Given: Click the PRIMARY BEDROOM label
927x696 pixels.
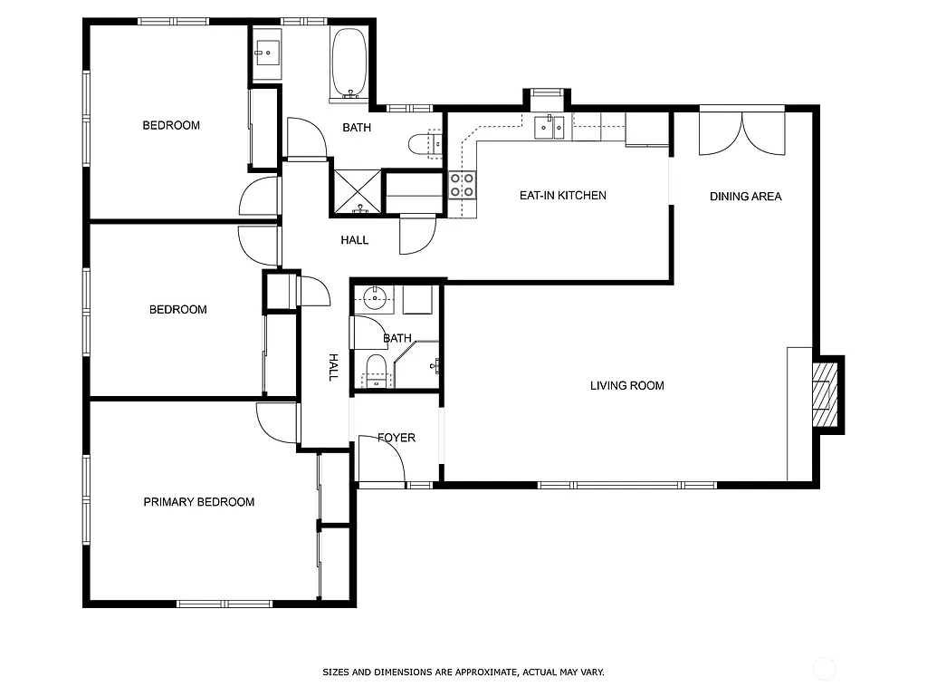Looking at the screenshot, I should (x=198, y=502).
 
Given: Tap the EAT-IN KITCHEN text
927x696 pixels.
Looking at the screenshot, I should (x=562, y=196).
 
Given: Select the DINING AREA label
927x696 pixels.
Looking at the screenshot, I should (x=745, y=197).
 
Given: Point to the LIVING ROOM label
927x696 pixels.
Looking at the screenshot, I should (x=626, y=386).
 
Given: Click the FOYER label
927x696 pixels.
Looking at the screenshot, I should (x=397, y=438).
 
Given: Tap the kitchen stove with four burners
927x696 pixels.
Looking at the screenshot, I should (x=462, y=186).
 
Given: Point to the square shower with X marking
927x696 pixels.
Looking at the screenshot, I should (x=356, y=190).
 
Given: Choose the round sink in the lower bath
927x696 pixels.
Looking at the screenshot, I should (x=373, y=297).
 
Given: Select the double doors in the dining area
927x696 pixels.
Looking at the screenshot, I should (x=742, y=131).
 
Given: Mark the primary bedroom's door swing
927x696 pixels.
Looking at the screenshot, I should (x=277, y=422).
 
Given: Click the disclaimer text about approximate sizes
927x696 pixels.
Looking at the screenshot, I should (x=463, y=672).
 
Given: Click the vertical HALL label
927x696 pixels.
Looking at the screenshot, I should (x=332, y=367).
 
